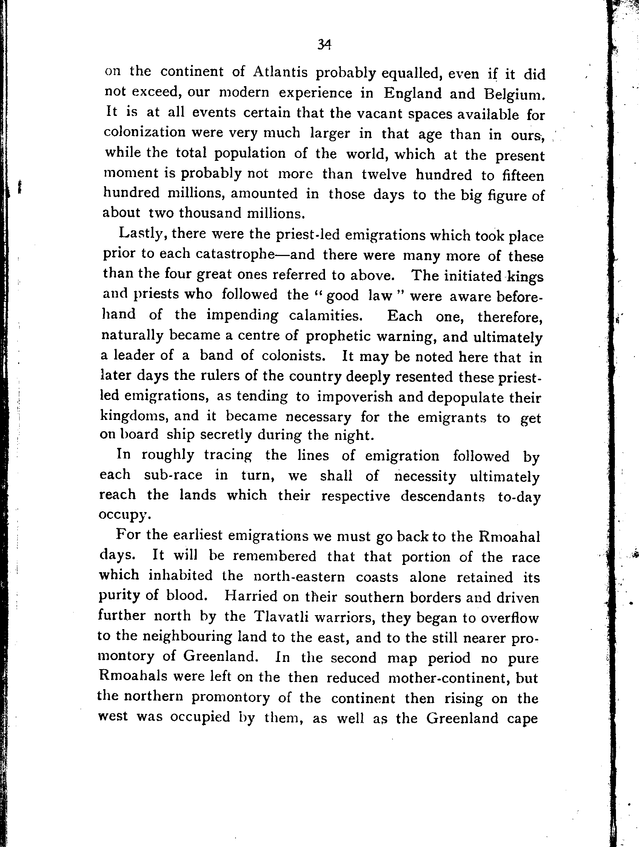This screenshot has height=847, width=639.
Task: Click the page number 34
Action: point(324,45)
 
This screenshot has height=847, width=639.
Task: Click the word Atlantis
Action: point(280,72)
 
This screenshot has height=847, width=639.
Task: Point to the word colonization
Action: point(145,132)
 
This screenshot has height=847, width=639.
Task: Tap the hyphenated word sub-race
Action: point(173,475)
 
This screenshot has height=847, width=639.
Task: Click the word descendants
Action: point(443,496)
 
